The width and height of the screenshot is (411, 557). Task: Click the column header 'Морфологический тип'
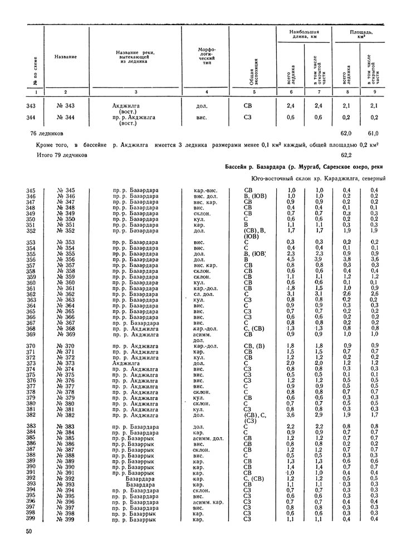click(x=206, y=56)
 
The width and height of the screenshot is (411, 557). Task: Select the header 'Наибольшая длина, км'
click(x=304, y=36)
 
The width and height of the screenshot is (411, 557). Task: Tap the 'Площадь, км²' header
click(x=361, y=36)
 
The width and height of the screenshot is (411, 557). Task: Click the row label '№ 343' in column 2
click(x=65, y=105)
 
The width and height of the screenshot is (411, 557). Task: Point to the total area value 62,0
click(x=345, y=134)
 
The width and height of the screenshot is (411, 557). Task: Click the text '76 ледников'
click(x=47, y=134)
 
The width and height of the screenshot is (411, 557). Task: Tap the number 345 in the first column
click(x=31, y=190)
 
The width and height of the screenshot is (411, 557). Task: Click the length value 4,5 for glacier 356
click(x=291, y=259)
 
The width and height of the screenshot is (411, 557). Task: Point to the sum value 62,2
click(x=345, y=154)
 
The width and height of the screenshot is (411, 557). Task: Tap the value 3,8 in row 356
click(x=346, y=259)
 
